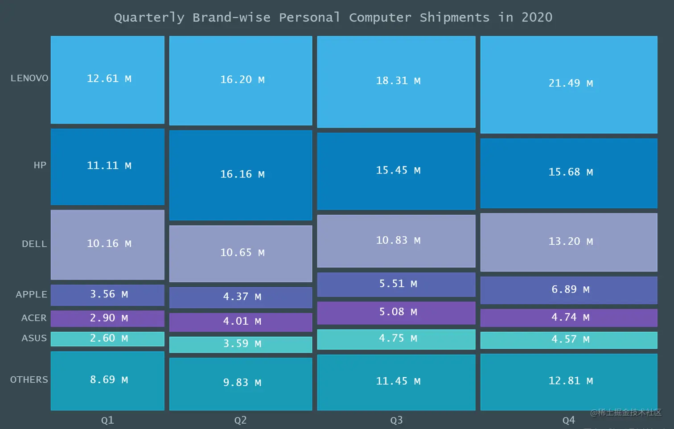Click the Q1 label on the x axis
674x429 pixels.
(x=107, y=420)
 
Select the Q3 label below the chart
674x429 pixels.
(x=396, y=420)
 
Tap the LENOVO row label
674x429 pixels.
(x=29, y=78)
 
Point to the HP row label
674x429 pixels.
(x=40, y=165)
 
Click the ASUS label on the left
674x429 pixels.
(x=34, y=338)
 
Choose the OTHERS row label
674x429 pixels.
(x=29, y=379)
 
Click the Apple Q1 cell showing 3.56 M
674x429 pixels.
(x=108, y=294)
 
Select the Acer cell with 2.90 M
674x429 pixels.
(x=108, y=318)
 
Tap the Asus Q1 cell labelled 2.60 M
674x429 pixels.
(x=108, y=338)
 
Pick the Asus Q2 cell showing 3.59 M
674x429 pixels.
(x=241, y=344)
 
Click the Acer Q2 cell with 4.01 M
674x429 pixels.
(x=241, y=322)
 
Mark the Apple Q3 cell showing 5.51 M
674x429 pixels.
(x=396, y=284)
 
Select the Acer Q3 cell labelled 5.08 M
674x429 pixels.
(x=396, y=312)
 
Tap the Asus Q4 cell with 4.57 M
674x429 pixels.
(x=569, y=339)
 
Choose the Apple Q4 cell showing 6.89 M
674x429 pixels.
(x=569, y=289)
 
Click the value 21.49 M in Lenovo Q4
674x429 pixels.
(x=570, y=83)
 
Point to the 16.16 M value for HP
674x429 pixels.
(x=242, y=174)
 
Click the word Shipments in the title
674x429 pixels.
(x=454, y=17)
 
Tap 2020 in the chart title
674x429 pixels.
(x=537, y=17)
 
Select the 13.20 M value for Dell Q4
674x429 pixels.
(x=570, y=241)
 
